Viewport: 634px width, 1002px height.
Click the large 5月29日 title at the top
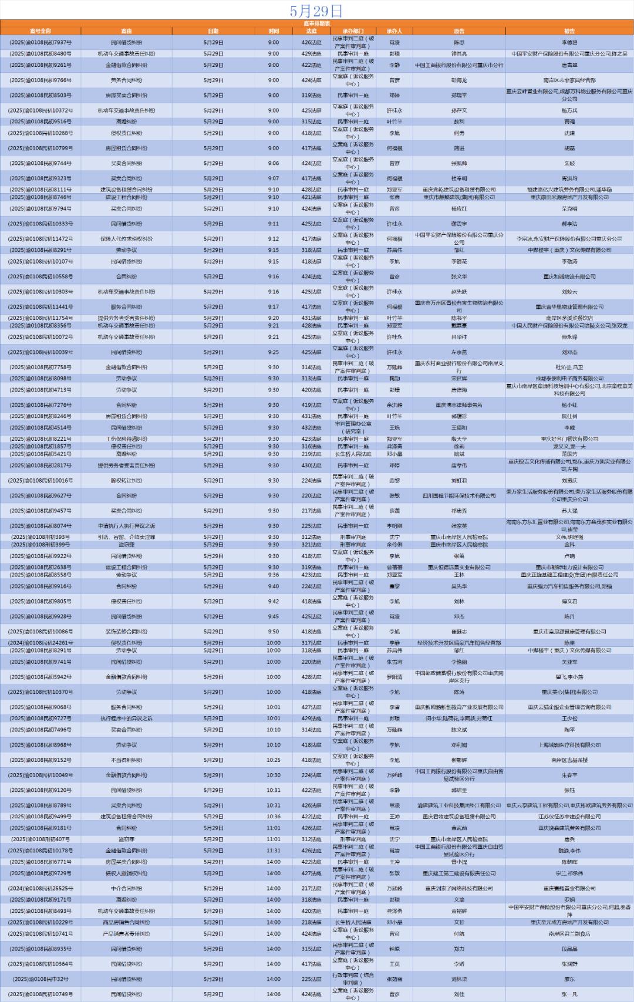316,11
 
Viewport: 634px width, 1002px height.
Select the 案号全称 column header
41,31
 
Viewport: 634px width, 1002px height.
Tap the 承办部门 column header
353,31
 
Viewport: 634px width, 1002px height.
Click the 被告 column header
569,31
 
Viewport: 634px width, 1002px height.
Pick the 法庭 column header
311,31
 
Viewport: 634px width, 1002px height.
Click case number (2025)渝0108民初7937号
41,42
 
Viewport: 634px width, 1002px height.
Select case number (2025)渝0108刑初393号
41,537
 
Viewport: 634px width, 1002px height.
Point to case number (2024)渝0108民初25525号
41,889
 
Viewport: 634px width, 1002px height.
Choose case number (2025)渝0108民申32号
41,979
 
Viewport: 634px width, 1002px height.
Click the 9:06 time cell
274,163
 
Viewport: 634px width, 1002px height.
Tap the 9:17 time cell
274,306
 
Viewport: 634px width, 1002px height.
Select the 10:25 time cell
274,760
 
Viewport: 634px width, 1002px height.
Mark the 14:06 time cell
274,994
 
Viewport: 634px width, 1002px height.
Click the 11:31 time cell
274,851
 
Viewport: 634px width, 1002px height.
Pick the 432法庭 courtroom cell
311,428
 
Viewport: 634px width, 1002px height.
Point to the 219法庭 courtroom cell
311,454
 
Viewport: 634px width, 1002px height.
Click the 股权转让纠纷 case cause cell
126,480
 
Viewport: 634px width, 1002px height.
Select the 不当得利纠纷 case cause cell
126,760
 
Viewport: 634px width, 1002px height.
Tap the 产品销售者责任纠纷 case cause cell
126,934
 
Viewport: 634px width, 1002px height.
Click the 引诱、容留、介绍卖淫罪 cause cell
126,537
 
